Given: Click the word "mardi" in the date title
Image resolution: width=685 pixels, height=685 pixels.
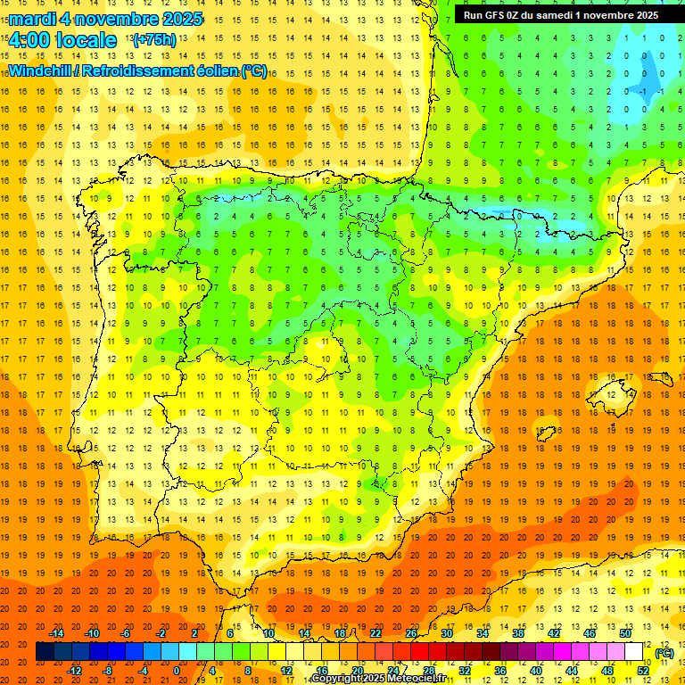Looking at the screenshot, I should (x=30, y=19).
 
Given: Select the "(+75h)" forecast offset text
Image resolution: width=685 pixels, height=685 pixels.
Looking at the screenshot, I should (x=154, y=40).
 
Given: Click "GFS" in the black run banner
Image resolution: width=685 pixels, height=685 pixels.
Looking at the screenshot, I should (x=499, y=14).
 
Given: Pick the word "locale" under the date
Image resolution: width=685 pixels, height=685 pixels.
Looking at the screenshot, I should (x=87, y=40).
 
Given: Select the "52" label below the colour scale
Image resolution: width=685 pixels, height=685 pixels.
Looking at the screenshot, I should (x=642, y=671).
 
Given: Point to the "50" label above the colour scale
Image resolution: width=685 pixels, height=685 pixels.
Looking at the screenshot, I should (x=625, y=633).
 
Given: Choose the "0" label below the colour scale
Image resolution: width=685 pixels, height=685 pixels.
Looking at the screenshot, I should (x=177, y=671).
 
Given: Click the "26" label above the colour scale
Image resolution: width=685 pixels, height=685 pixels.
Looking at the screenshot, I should (x=411, y=633).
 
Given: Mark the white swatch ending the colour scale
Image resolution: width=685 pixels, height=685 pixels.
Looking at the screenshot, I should (x=634, y=652).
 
